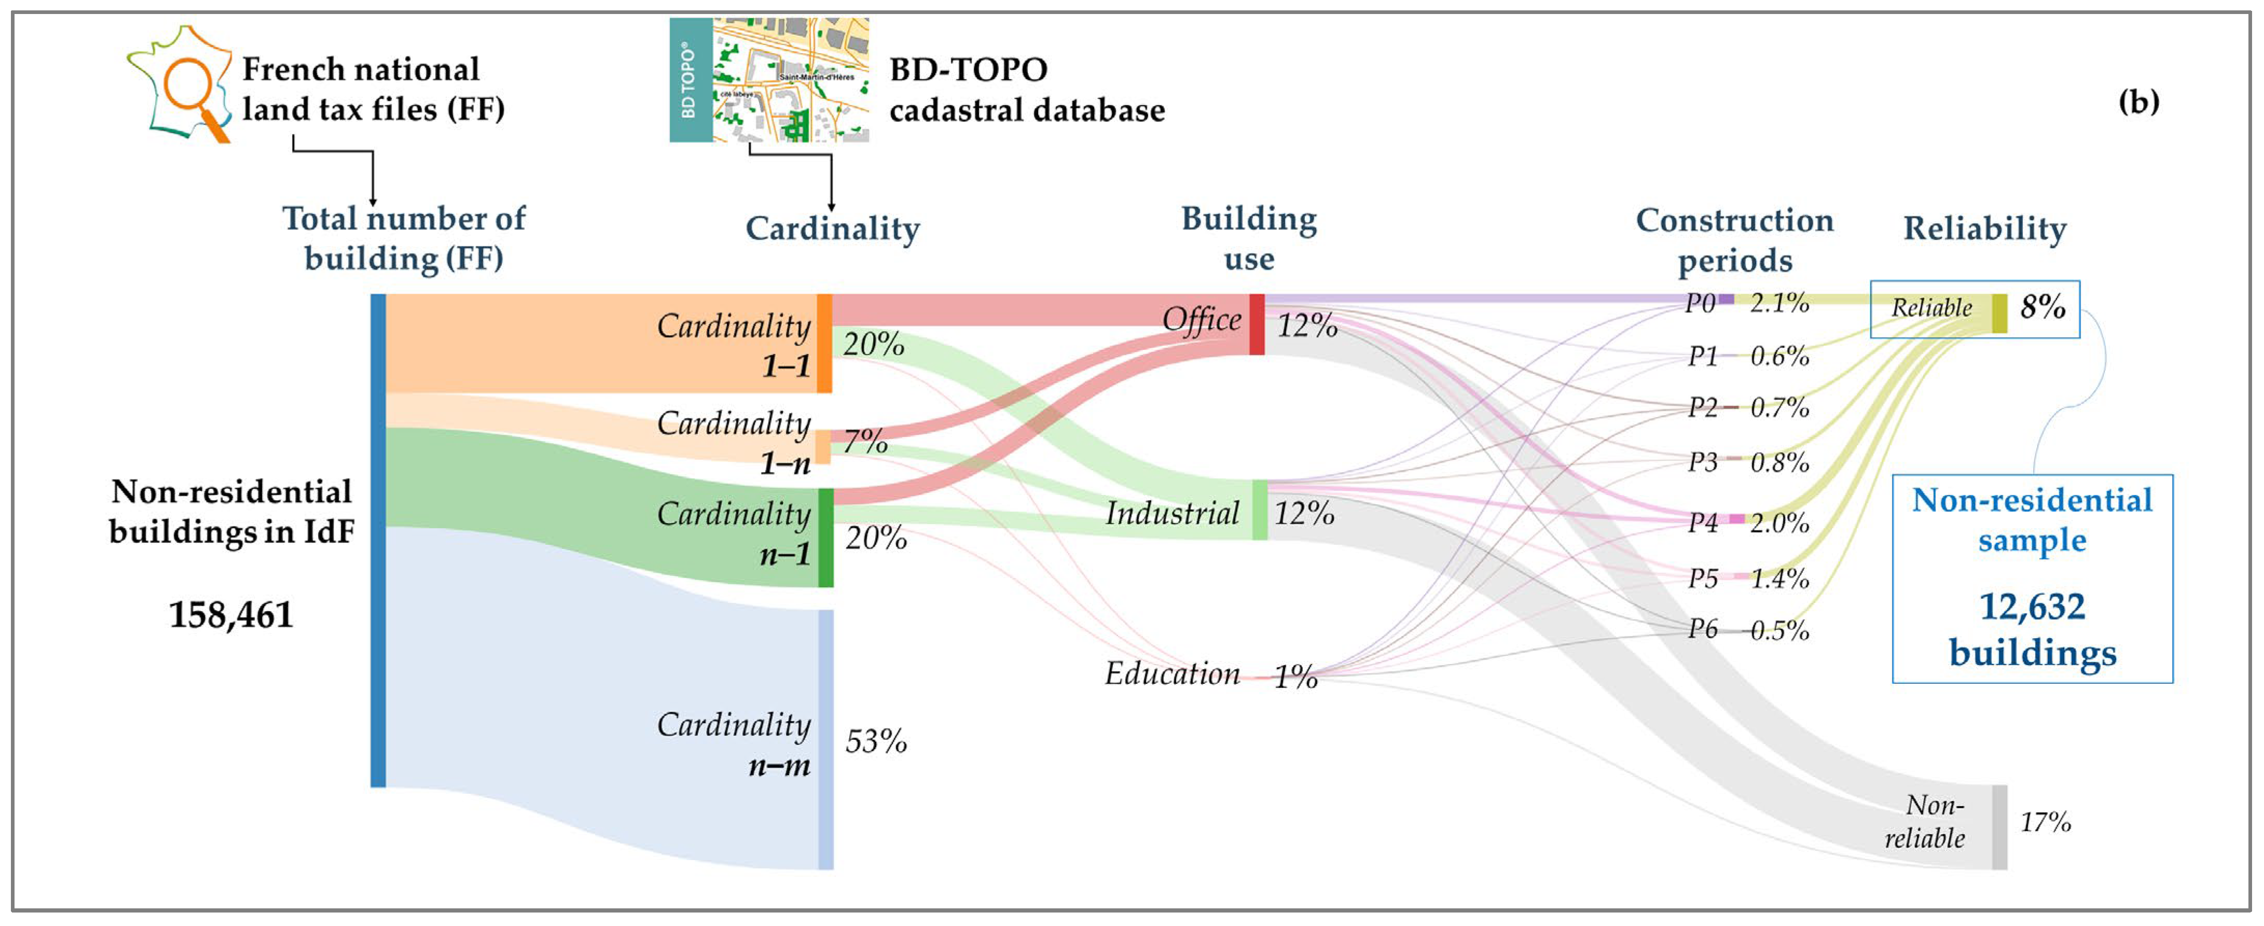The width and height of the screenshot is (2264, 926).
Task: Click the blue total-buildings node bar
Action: [378, 541]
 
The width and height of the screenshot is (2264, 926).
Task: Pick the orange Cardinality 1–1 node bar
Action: [824, 342]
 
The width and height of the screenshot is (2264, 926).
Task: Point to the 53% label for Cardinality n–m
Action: [875, 741]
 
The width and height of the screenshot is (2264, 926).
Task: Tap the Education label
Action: [1171, 674]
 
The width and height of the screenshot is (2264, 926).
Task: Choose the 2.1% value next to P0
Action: [1779, 303]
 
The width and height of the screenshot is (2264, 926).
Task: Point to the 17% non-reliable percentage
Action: [2045, 822]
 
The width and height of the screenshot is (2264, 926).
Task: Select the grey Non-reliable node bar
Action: [1999, 827]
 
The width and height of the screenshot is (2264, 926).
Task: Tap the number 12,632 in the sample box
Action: [2032, 607]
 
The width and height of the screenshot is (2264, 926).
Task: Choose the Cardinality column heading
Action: [832, 228]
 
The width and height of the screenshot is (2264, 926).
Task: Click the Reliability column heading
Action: [1984, 228]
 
